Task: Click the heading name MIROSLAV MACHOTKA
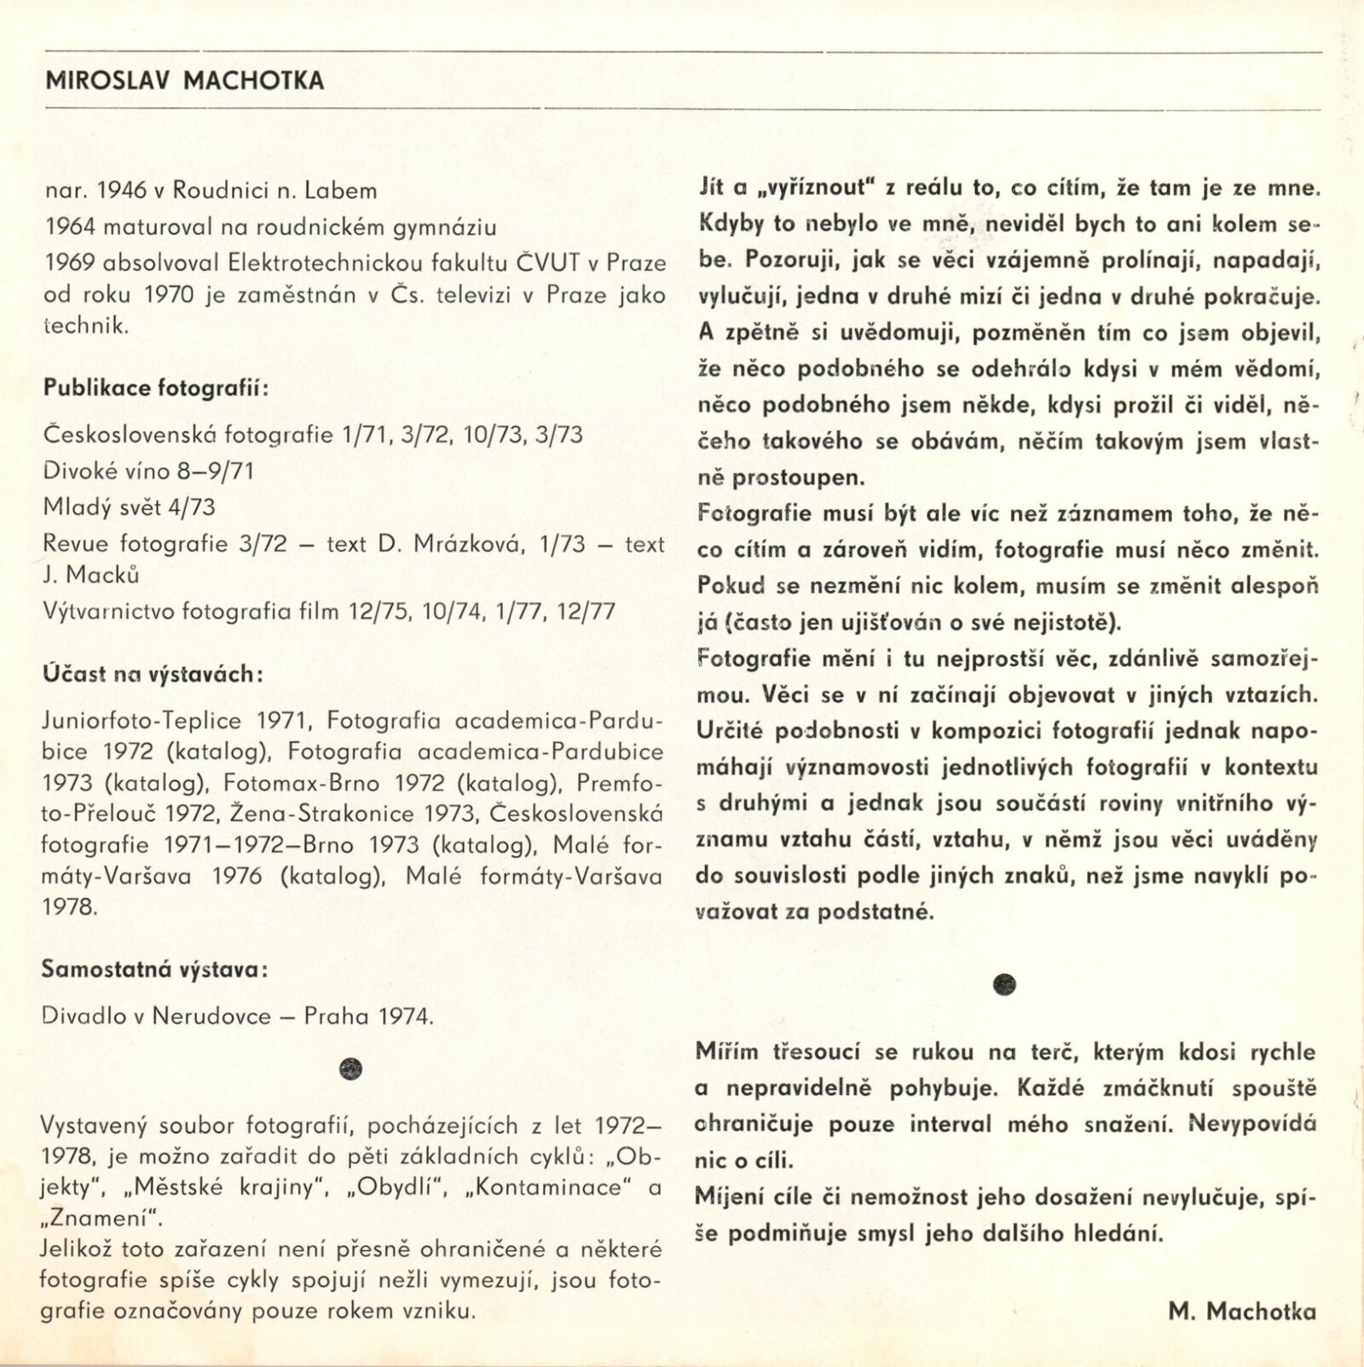pyautogui.click(x=184, y=81)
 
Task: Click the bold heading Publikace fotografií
pyautogui.click(x=156, y=389)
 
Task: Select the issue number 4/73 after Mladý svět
pyautogui.click(x=192, y=507)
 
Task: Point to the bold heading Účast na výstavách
pyautogui.click(x=153, y=674)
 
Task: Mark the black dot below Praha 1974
pyautogui.click(x=350, y=1069)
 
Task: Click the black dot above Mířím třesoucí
pyautogui.click(x=1006, y=984)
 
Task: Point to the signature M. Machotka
pyautogui.click(x=1242, y=1312)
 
